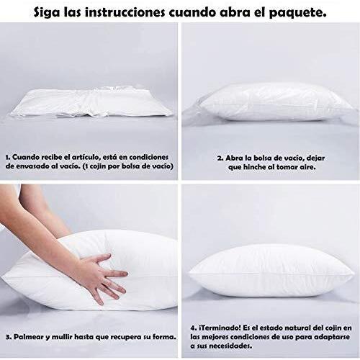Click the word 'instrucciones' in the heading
tap(125, 12)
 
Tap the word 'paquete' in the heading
tap(297, 13)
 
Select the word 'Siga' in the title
tap(47, 13)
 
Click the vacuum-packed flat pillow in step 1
tap(91, 104)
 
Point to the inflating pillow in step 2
tap(276, 102)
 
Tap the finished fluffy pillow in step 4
tap(271, 271)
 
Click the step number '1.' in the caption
tap(8, 158)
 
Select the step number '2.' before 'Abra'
tap(220, 158)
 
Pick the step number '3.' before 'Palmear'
tap(9, 337)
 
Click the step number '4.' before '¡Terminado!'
tap(194, 328)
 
